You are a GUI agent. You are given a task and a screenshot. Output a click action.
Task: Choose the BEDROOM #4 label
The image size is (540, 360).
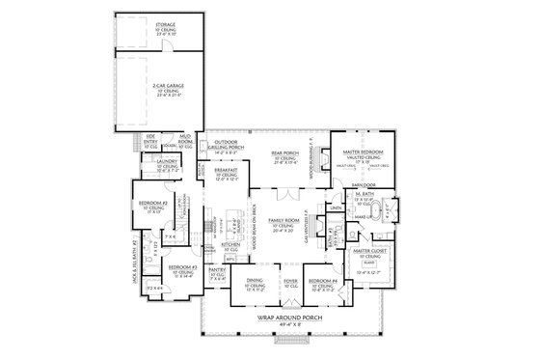[x=320, y=281]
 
